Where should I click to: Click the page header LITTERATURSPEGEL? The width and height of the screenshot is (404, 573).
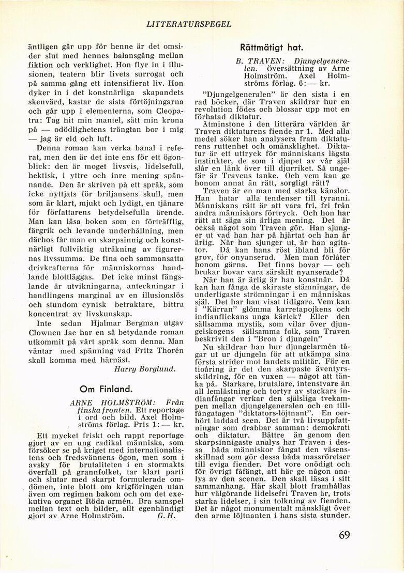coord(189,24)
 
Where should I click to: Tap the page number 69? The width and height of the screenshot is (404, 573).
coord(345,535)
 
